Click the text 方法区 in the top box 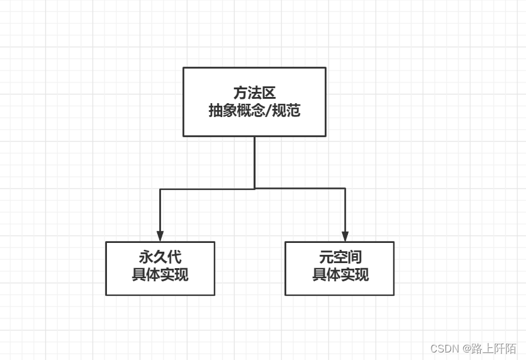click(254, 93)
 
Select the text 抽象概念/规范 click(254, 111)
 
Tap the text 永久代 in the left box click(160, 257)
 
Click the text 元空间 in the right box click(340, 257)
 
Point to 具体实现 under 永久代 click(160, 275)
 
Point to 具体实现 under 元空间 click(340, 275)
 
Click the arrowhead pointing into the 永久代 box click(160, 237)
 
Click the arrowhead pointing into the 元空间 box click(345, 237)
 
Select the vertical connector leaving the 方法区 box click(254, 162)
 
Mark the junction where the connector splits click(254, 188)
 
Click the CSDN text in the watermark click(445, 349)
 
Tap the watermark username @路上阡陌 click(490, 349)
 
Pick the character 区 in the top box click(269, 93)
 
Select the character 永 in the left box click(145, 257)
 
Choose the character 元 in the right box click(325, 257)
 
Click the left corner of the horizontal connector click(160, 189)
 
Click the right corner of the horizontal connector click(345, 189)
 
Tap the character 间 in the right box click(354, 257)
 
